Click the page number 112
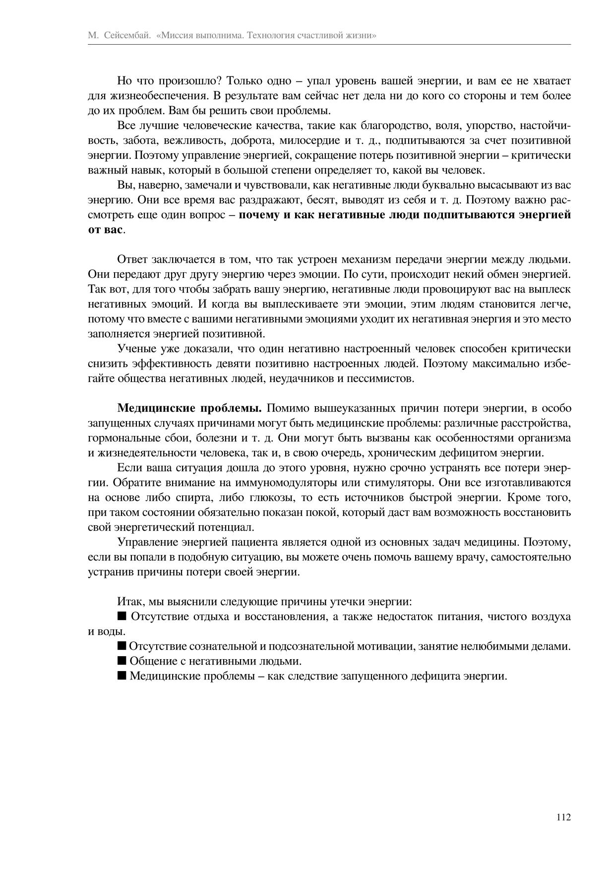coord(564,817)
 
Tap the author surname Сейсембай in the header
coord(128,36)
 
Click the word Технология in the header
coord(273,36)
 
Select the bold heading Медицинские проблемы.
coord(189,408)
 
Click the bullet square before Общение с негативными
coord(122,661)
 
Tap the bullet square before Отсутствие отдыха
coord(122,616)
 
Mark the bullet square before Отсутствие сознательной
coord(122,646)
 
